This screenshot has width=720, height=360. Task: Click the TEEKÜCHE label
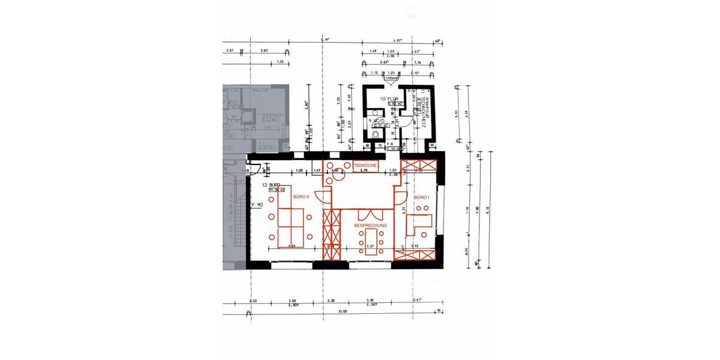click(x=366, y=164)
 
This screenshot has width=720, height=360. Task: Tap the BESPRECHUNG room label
click(x=370, y=225)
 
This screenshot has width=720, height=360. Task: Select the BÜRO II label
click(x=301, y=196)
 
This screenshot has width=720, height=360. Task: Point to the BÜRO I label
click(x=421, y=197)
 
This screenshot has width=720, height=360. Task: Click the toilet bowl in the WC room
click(x=374, y=136)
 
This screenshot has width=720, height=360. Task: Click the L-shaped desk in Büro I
click(x=418, y=223)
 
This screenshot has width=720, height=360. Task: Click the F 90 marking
click(x=256, y=205)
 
